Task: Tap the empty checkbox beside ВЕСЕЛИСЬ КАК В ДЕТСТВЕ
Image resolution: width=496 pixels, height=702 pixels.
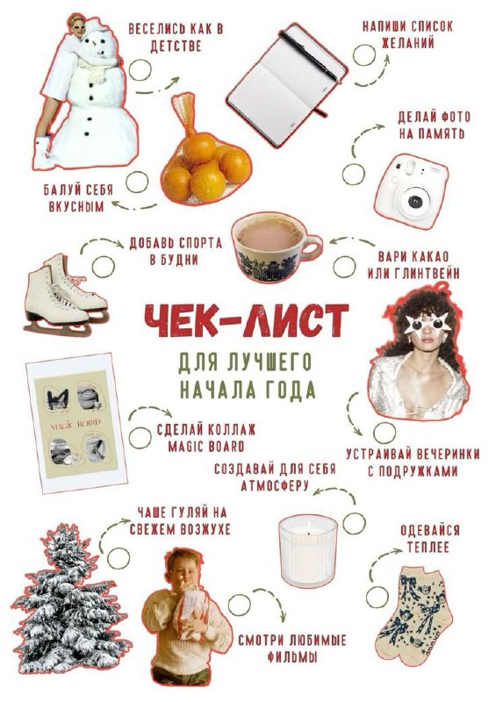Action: [x=140, y=70]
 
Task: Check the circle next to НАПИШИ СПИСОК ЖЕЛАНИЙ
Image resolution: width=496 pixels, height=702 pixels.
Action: [x=363, y=55]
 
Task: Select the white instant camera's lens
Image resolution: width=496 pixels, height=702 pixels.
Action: [x=413, y=202]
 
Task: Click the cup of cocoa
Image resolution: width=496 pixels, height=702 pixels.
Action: [x=276, y=247]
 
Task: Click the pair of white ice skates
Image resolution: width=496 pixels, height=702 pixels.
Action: [x=66, y=295]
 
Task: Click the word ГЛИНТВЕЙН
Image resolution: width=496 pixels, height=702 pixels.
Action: [x=426, y=273]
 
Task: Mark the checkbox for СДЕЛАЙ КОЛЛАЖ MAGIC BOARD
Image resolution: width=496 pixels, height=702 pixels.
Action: [x=140, y=438]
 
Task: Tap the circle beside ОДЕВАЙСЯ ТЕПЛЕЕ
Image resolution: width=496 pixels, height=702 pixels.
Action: [x=377, y=597]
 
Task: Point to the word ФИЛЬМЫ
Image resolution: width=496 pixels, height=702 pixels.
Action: [x=292, y=656]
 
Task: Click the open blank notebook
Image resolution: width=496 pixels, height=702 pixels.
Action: [x=287, y=85]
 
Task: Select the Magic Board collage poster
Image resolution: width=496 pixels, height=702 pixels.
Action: [x=76, y=423]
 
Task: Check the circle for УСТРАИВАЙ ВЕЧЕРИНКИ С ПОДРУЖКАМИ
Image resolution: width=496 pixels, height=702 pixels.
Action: [x=385, y=433]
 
